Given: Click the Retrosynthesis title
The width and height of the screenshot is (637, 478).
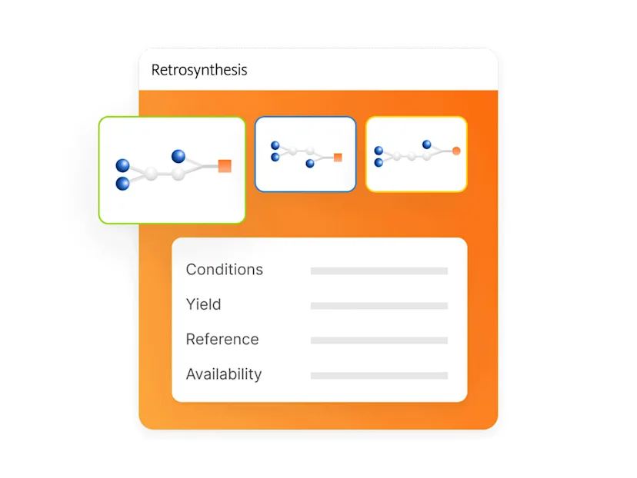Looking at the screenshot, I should (199, 70).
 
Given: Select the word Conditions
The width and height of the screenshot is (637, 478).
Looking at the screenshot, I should (225, 270).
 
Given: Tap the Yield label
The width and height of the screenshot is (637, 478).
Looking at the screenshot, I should (204, 304).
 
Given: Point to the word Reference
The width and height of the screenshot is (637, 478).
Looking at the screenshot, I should (222, 340).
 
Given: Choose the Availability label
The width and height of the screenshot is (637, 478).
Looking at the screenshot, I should (224, 374).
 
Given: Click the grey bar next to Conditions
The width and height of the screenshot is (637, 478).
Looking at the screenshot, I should (379, 271).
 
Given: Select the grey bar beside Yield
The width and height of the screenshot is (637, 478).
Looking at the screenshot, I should (379, 306).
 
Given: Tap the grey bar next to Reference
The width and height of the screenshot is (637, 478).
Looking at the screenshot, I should (379, 340).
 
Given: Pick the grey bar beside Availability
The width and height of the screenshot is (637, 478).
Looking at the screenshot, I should (379, 376).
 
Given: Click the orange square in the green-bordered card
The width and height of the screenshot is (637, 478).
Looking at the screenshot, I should (225, 165).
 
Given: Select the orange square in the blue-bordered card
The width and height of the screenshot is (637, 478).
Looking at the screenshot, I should (338, 158).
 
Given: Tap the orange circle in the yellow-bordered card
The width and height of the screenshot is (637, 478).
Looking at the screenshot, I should (456, 151).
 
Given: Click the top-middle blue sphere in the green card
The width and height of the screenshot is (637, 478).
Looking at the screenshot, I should (178, 156).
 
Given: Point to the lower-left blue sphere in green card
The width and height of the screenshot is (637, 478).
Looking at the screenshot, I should (123, 184).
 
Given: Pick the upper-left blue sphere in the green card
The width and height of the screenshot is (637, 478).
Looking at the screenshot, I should (123, 165).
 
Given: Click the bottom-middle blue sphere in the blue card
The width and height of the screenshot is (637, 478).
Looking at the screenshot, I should (310, 164).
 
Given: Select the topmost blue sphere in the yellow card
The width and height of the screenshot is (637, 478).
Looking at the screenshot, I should (427, 144).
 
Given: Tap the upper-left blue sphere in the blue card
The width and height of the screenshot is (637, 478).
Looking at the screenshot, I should (275, 144).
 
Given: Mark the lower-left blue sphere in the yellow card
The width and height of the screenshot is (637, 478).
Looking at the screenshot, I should (379, 162).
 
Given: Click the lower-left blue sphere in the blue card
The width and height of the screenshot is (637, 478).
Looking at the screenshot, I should (275, 158).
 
